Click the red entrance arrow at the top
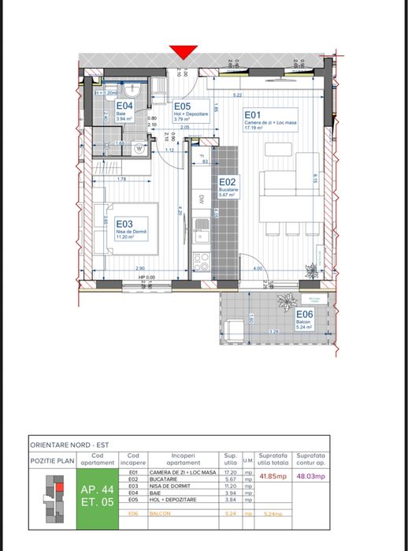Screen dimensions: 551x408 coord(183,52)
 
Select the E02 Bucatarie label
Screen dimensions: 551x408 coord(227,185)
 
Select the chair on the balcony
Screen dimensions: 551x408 coord(233,326)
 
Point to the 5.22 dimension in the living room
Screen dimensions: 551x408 coord(238,96)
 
